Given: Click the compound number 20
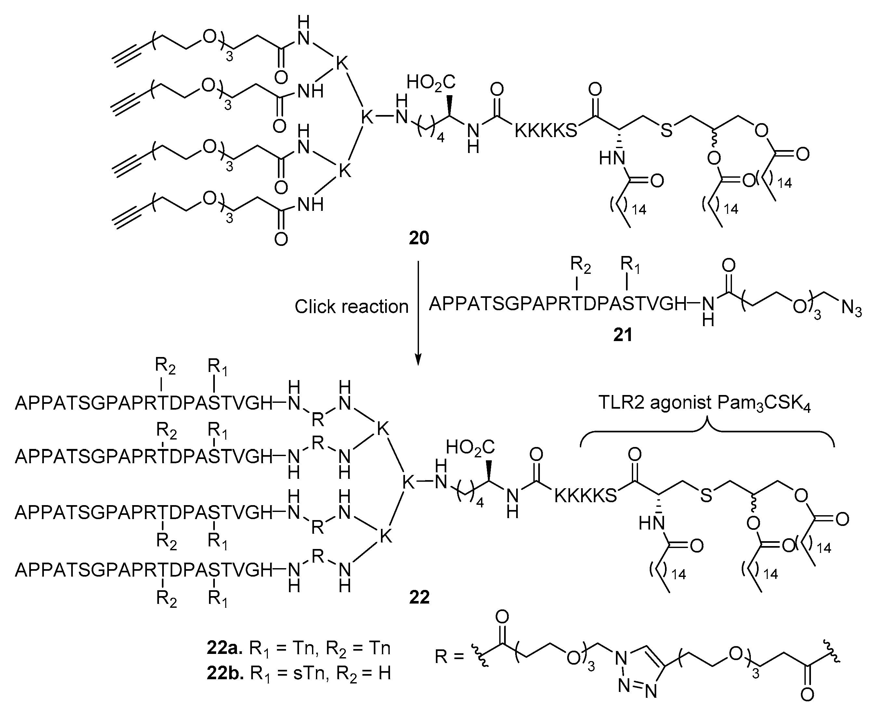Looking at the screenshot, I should (x=419, y=238).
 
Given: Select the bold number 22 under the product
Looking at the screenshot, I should (x=419, y=597).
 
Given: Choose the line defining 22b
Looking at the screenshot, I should (x=298, y=673).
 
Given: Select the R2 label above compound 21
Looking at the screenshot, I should (x=580, y=266).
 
